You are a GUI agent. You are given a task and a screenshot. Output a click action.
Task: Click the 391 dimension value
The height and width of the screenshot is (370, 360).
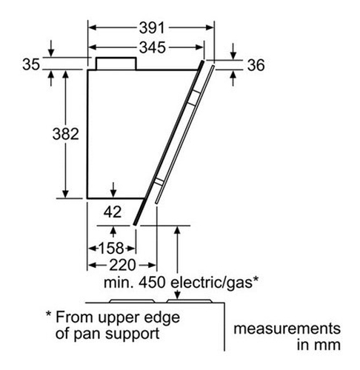(x=151, y=28)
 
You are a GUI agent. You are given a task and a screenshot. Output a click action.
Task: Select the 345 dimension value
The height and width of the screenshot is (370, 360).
(x=152, y=47)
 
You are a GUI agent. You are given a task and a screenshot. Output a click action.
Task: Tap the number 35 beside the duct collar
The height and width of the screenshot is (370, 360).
(x=31, y=64)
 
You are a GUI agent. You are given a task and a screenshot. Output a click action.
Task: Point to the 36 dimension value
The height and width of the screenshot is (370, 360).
(x=256, y=65)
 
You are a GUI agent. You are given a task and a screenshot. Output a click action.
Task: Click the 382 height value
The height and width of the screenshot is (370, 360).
(x=65, y=134)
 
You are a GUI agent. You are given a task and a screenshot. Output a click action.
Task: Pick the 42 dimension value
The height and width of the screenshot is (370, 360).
(x=113, y=212)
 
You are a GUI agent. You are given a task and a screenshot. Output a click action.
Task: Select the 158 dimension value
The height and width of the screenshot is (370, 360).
(x=111, y=248)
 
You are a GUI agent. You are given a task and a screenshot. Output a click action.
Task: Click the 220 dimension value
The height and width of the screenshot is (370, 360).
(x=122, y=265)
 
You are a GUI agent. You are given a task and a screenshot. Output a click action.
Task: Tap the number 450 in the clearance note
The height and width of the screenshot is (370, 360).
(x=152, y=283)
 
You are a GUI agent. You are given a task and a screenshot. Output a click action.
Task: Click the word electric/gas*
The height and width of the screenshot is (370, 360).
(x=215, y=283)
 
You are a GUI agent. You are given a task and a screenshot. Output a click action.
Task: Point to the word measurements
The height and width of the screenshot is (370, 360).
(x=287, y=329)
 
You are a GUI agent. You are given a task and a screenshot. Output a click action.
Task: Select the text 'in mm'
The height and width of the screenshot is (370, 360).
(x=319, y=345)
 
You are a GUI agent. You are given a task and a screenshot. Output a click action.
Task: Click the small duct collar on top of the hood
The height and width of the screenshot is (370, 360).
(x=116, y=64)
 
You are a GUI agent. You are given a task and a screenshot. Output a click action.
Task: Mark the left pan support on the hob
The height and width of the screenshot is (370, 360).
(x=132, y=301)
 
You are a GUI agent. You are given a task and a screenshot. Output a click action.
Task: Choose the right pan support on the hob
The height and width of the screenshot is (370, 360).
(x=190, y=301)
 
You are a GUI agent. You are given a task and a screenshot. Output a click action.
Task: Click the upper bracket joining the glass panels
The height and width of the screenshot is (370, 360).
(x=195, y=98)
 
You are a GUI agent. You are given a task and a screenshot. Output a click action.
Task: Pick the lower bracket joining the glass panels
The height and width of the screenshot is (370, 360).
(x=159, y=181)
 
